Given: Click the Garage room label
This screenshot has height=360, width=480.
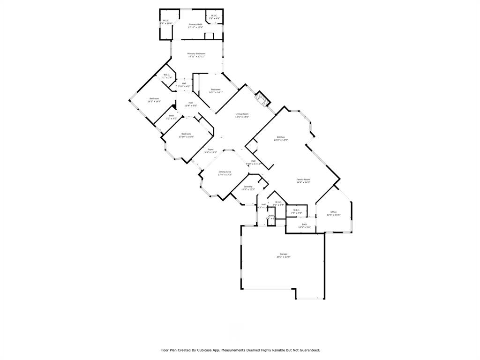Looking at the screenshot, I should pos(284,254).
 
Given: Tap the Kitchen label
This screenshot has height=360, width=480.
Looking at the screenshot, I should pos(281,137).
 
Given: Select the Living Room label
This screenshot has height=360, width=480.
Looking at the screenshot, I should pos(242,114).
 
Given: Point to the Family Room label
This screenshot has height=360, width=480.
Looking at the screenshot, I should pos(303,180).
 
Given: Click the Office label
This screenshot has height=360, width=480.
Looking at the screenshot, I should pos(333,212).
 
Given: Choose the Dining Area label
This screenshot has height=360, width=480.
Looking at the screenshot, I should pos(225,172).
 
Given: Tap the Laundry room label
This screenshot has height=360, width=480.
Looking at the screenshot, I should pos(248,187).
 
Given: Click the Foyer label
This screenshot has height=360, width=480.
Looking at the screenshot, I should pos(211,150).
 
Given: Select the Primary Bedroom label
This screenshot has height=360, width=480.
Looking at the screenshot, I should pos(196,53).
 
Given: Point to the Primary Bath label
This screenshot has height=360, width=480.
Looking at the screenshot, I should pos(195,24).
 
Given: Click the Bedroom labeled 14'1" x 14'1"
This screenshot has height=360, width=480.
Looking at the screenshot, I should pos(216,90).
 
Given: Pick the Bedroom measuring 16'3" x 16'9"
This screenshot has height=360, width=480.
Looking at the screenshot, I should pos(154,98).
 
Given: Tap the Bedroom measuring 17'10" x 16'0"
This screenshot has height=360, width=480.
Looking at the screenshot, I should pos(186,134).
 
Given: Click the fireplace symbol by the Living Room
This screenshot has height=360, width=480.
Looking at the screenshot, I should pos(262,98).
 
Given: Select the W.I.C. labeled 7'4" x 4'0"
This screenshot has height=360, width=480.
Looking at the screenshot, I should pos(296,210).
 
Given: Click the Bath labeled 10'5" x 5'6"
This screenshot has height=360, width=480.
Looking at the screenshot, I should pos(304,224).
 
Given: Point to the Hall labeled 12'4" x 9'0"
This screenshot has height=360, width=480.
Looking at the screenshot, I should pos(190,103).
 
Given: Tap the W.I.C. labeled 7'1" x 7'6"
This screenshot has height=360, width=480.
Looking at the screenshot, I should pos(167,75).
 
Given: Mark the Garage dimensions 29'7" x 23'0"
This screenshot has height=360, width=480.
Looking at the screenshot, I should pos(284,257).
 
